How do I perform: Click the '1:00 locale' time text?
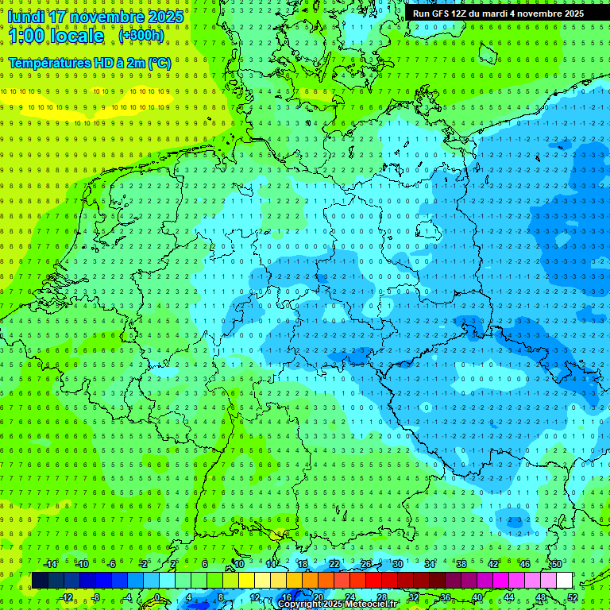pyautogui.click(x=56, y=36)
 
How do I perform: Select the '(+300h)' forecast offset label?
pyautogui.click(x=141, y=36)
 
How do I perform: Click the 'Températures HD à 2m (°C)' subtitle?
pyautogui.click(x=90, y=62)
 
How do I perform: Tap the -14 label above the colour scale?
pyautogui.click(x=51, y=564)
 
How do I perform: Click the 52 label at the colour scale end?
pyautogui.click(x=573, y=597)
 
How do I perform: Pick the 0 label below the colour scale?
pyautogui.click(x=157, y=597)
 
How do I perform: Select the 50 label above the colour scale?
pyautogui.click(x=557, y=564)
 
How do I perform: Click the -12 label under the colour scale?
pyautogui.click(x=67, y=597)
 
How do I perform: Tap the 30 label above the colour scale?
pyautogui.click(x=397, y=564)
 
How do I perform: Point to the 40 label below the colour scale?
pyautogui.click(x=477, y=597)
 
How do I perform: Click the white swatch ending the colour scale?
pyautogui.click(x=564, y=581)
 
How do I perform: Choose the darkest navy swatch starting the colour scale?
pyautogui.click(x=40, y=581)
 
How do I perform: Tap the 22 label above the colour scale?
pyautogui.click(x=334, y=564)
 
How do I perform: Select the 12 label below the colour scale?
pyautogui.click(x=254, y=597)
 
